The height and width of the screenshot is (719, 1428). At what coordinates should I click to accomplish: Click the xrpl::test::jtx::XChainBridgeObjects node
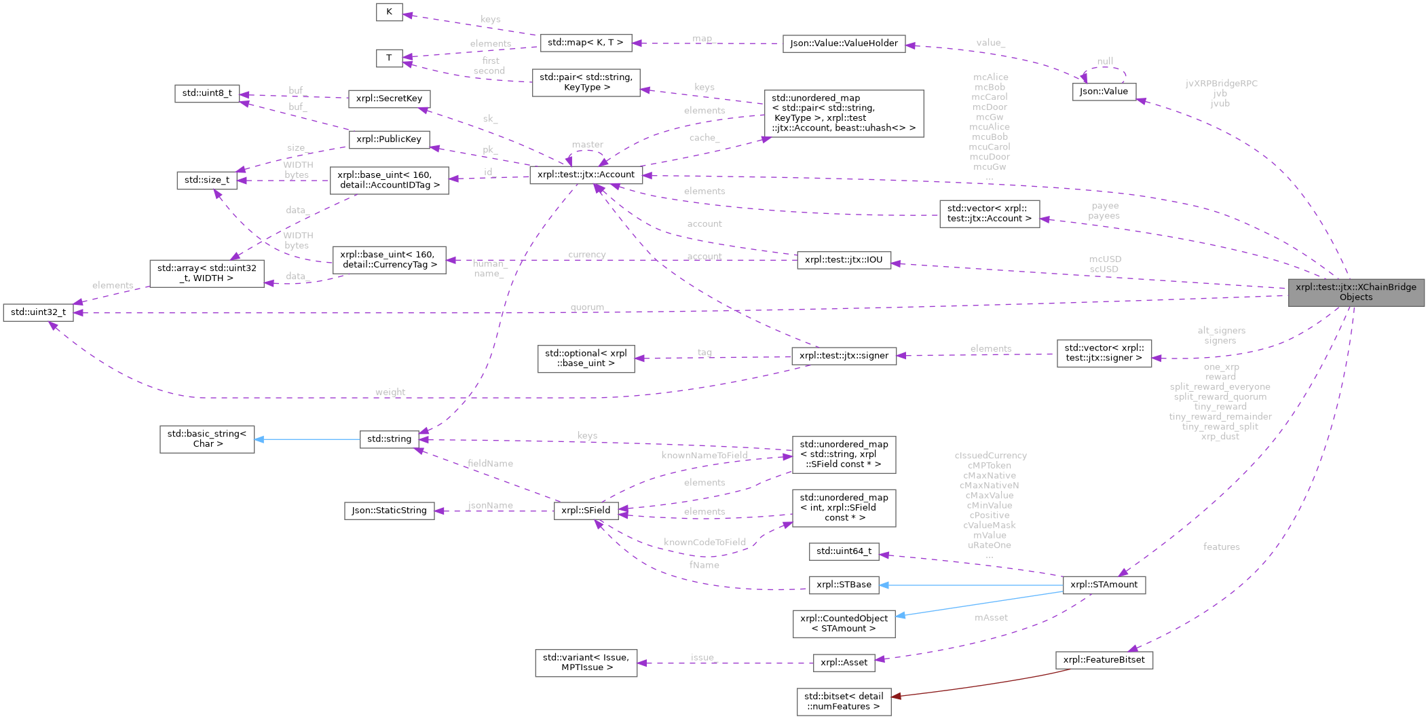(1355, 292)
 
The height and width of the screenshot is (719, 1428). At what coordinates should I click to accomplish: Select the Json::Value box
(1104, 92)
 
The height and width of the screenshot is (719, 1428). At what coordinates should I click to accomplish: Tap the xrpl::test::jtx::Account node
(586, 174)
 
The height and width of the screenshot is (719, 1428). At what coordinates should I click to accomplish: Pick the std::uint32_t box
(38, 312)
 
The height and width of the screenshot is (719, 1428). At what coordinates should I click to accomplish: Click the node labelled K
(389, 12)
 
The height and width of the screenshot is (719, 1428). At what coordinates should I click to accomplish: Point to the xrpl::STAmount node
(1104, 585)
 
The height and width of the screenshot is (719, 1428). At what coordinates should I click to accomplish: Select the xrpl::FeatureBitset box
(1104, 660)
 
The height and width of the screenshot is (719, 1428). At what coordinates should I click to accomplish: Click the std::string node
(389, 439)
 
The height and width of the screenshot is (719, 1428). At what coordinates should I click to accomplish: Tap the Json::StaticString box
(389, 511)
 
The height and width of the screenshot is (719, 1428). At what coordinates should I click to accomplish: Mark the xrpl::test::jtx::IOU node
(843, 259)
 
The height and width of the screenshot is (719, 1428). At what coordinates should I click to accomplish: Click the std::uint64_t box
(844, 551)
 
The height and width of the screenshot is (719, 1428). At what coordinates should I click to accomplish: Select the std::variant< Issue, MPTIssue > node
(586, 663)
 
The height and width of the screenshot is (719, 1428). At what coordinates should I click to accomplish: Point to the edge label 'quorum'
(587, 308)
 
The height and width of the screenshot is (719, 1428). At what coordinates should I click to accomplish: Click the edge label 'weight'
(390, 392)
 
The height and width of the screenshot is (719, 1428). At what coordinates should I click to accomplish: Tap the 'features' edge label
(1221, 547)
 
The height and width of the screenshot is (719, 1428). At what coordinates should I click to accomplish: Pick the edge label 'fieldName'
(490, 464)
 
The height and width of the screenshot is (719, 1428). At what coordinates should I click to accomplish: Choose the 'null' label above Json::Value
(1105, 61)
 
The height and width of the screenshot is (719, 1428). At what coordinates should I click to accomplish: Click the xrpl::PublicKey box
(389, 139)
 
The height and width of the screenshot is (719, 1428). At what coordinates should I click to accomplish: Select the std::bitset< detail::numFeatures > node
(844, 701)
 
